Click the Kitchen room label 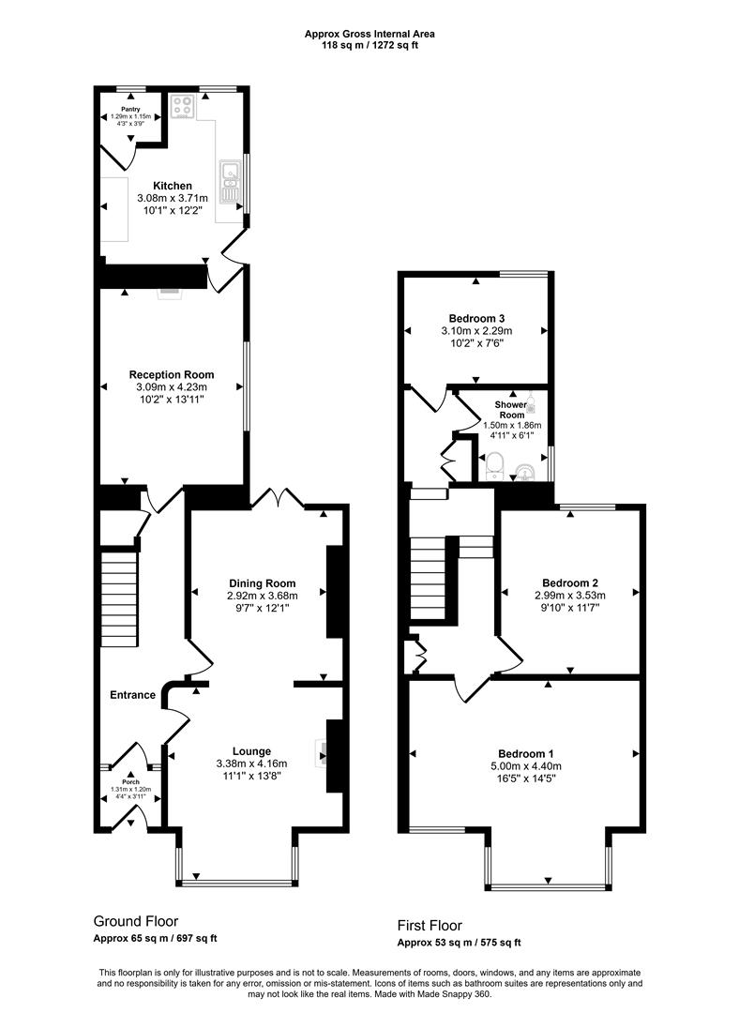pyautogui.click(x=173, y=186)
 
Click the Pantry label pyautogui.click(x=129, y=110)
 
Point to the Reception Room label pyautogui.click(x=172, y=374)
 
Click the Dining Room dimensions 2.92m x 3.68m pyautogui.click(x=262, y=595)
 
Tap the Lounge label pyautogui.click(x=252, y=750)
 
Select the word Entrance pyautogui.click(x=132, y=695)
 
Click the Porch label pyautogui.click(x=130, y=781)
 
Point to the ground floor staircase pyautogui.click(x=119, y=596)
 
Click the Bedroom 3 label pyautogui.click(x=475, y=318)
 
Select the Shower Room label pyautogui.click(x=511, y=410)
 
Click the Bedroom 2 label pyautogui.click(x=569, y=582)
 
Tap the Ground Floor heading pyautogui.click(x=135, y=921)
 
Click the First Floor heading pyautogui.click(x=430, y=926)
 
